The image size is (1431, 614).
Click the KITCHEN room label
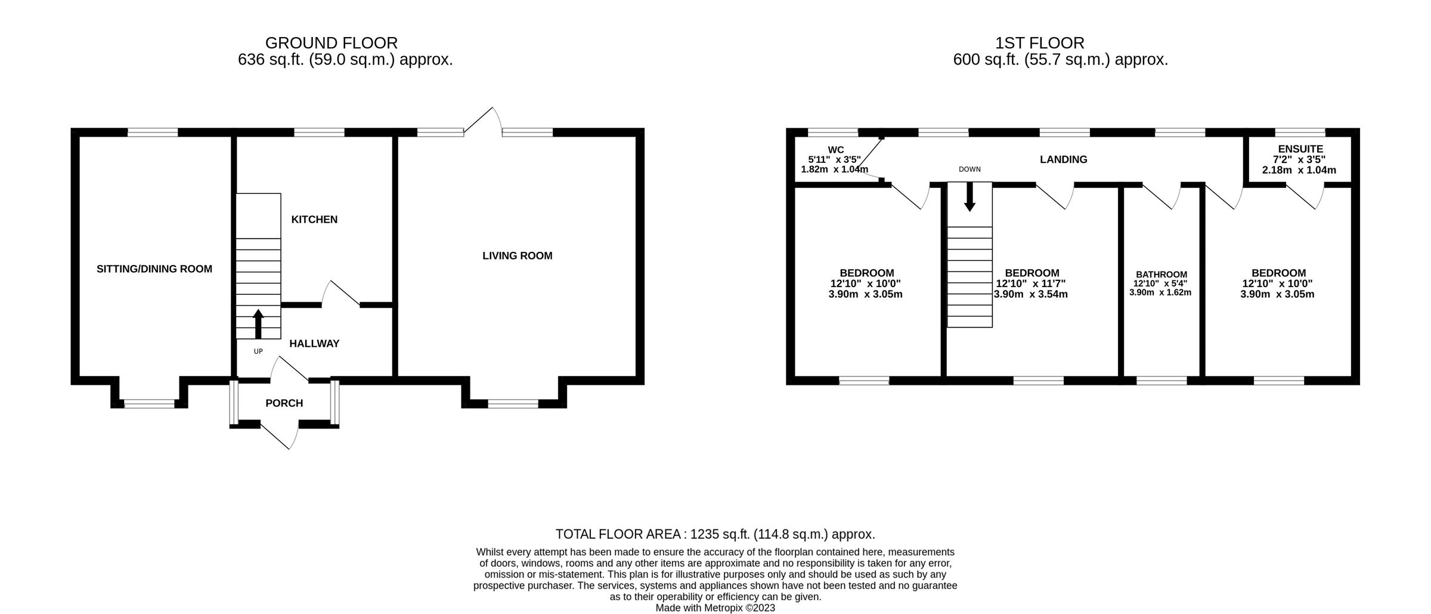(314, 220)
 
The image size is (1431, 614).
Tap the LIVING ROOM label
(517, 256)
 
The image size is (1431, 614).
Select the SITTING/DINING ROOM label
(154, 269)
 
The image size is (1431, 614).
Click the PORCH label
(284, 403)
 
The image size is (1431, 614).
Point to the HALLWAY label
(314, 344)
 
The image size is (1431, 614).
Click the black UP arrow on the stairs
(258, 324)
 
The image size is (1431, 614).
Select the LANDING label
(1063, 159)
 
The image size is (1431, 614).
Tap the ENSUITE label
(1300, 149)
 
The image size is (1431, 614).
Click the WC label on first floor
(836, 150)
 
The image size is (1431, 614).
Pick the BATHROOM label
(1160, 274)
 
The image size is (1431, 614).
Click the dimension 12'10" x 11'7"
(1030, 284)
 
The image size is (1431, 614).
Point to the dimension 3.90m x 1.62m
(1160, 292)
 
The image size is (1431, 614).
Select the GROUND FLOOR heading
(331, 43)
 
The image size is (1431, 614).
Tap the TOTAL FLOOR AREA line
(715, 534)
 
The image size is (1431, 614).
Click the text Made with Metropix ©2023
(715, 608)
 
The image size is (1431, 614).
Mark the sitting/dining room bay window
(149, 404)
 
